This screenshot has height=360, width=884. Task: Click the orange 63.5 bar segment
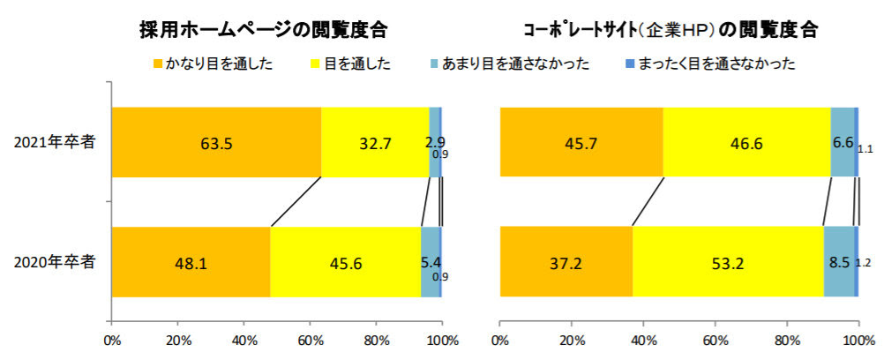click(216, 141)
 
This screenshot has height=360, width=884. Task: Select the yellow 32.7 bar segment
click(375, 141)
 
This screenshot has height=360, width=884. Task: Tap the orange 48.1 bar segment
click(191, 262)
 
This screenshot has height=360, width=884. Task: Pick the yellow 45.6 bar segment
click(346, 262)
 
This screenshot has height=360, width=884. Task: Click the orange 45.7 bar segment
click(581, 141)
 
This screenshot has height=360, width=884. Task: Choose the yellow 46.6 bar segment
click(746, 141)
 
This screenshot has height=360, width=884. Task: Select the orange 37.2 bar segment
click(566, 262)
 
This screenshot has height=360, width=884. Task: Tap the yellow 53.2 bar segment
click(728, 262)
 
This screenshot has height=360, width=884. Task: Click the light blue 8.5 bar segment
click(839, 262)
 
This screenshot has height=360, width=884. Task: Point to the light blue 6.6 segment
click(843, 141)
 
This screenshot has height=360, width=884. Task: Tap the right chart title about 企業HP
click(670, 30)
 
